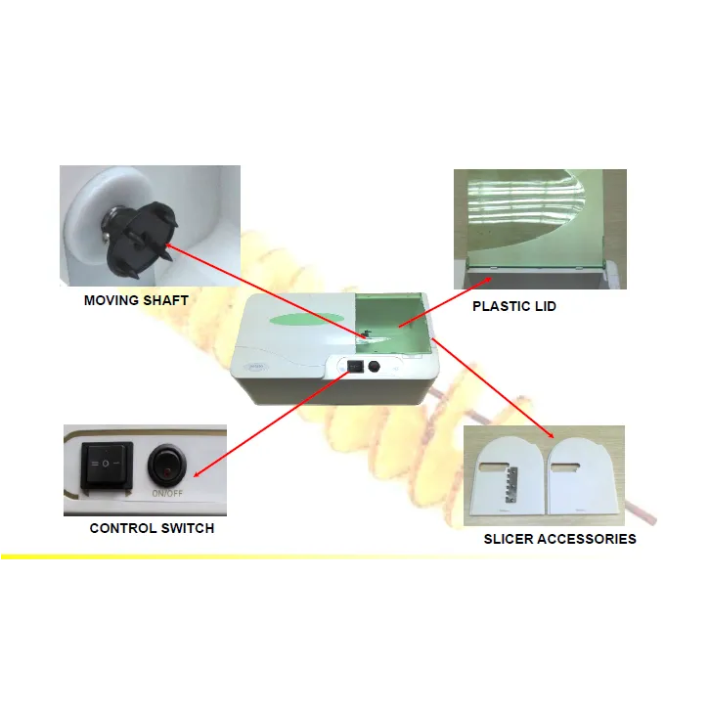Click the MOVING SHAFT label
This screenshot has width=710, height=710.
pos(136,300)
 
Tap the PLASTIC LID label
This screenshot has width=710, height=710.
pos(514,306)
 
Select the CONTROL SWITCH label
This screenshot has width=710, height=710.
pos(152,528)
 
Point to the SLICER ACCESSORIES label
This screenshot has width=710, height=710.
pos(560,539)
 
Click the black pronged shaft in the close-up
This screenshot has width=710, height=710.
pos(141,236)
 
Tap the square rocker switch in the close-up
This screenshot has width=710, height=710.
pos(107,466)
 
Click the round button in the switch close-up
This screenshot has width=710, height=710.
pos(167,466)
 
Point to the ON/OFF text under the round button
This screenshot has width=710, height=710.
pos(167,494)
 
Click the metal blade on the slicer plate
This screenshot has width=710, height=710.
pos(510,484)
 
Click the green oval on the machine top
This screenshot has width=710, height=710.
pos(306,319)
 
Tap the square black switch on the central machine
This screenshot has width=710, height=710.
pos(355,366)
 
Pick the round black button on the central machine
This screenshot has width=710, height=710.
pos(374,367)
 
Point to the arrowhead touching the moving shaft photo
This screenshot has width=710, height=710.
pos(168,245)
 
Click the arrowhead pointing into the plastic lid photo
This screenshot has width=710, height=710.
pos(487,281)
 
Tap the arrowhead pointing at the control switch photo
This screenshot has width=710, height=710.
pos(198,473)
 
